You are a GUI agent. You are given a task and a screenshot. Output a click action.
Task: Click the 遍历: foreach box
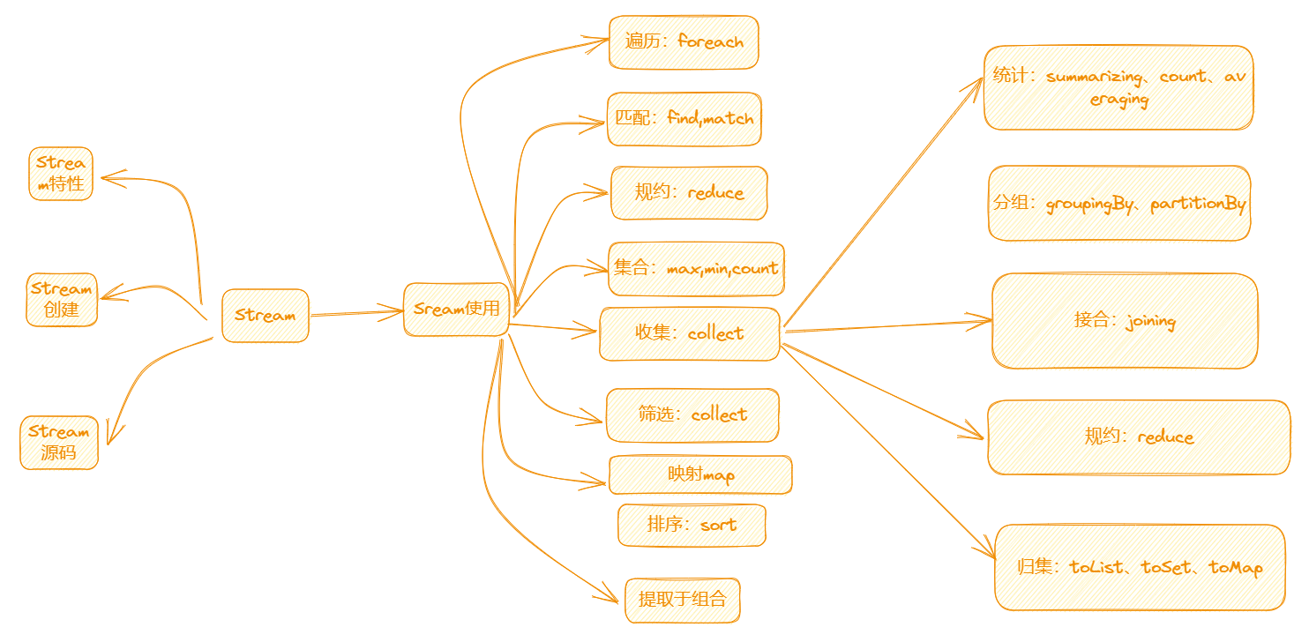pyautogui.click(x=684, y=42)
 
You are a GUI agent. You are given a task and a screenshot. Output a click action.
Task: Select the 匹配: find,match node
pyautogui.click(x=684, y=118)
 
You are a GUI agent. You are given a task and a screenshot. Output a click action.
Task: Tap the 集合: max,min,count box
pyautogui.click(x=696, y=269)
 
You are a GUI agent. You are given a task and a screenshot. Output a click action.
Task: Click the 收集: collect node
pyautogui.click(x=690, y=333)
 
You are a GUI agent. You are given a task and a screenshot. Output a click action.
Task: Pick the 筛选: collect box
pyautogui.click(x=692, y=414)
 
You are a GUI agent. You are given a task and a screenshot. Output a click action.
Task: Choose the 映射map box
pyautogui.click(x=700, y=474)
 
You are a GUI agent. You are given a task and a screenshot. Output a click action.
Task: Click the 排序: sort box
pyautogui.click(x=692, y=525)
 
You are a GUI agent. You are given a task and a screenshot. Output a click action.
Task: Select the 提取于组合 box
pyautogui.click(x=683, y=600)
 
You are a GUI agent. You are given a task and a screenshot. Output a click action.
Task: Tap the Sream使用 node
pyautogui.click(x=456, y=309)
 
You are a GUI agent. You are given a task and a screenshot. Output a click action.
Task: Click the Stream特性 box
pyautogui.click(x=61, y=174)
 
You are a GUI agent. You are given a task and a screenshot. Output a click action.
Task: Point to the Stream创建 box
pyautogui.click(x=62, y=300)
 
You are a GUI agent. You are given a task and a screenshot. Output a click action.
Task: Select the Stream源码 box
pyautogui.click(x=59, y=442)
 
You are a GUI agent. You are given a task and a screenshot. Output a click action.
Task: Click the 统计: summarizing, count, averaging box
pyautogui.click(x=1118, y=87)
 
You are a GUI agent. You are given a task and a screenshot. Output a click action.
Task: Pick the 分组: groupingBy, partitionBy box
pyautogui.click(x=1119, y=204)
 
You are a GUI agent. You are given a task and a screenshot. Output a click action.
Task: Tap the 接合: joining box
pyautogui.click(x=1125, y=321)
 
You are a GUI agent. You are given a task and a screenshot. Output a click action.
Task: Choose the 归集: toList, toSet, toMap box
pyautogui.click(x=1141, y=567)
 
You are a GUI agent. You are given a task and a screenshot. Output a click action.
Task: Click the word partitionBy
pyautogui.click(x=1198, y=204)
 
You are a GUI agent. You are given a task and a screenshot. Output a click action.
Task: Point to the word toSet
pyautogui.click(x=1166, y=567)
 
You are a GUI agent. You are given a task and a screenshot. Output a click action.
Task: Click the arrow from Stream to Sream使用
pyautogui.click(x=356, y=313)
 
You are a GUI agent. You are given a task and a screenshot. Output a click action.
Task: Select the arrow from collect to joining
pyautogui.click(x=888, y=325)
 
